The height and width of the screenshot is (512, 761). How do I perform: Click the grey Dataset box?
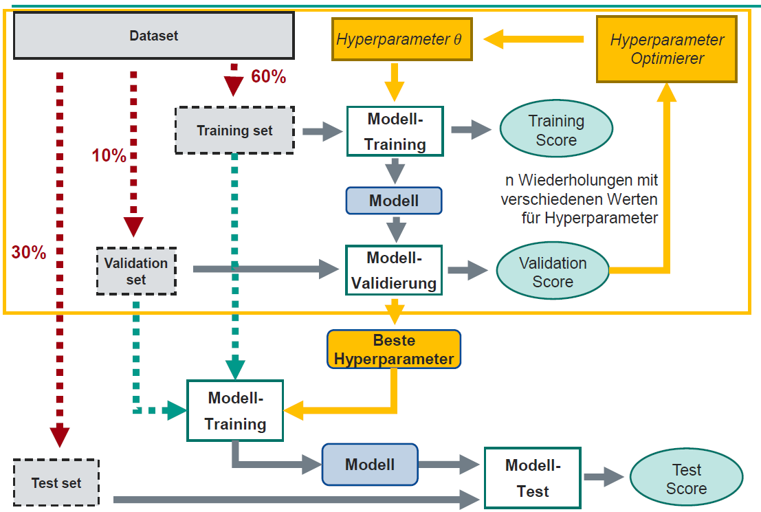coord(154,36)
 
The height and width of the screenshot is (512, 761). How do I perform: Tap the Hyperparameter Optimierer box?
coord(666,49)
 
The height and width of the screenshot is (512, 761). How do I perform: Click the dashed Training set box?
coord(234,130)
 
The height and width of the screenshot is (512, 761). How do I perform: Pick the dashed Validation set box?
coord(136,271)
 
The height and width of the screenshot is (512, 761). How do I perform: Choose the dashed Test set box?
coord(56,483)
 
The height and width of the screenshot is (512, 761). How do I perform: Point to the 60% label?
coord(268,77)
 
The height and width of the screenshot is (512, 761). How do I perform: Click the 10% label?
coord(109,156)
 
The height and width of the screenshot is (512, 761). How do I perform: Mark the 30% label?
coord(29,253)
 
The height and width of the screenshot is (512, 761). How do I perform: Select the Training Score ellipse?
coord(555,130)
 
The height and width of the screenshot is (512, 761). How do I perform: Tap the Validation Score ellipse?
coord(553,272)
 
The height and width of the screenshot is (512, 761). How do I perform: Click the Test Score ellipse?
coord(685,479)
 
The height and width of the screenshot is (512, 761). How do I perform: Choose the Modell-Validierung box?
coord(394,271)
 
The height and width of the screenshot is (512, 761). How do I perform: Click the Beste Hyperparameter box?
coord(394,350)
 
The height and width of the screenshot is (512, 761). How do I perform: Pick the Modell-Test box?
coord(533,478)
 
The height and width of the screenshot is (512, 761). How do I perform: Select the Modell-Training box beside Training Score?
coord(395,131)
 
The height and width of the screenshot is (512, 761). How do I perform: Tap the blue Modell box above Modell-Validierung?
coord(394,201)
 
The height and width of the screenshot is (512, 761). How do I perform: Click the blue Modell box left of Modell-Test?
coord(370,465)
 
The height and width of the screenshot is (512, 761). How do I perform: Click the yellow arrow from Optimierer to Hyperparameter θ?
coord(533,40)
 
